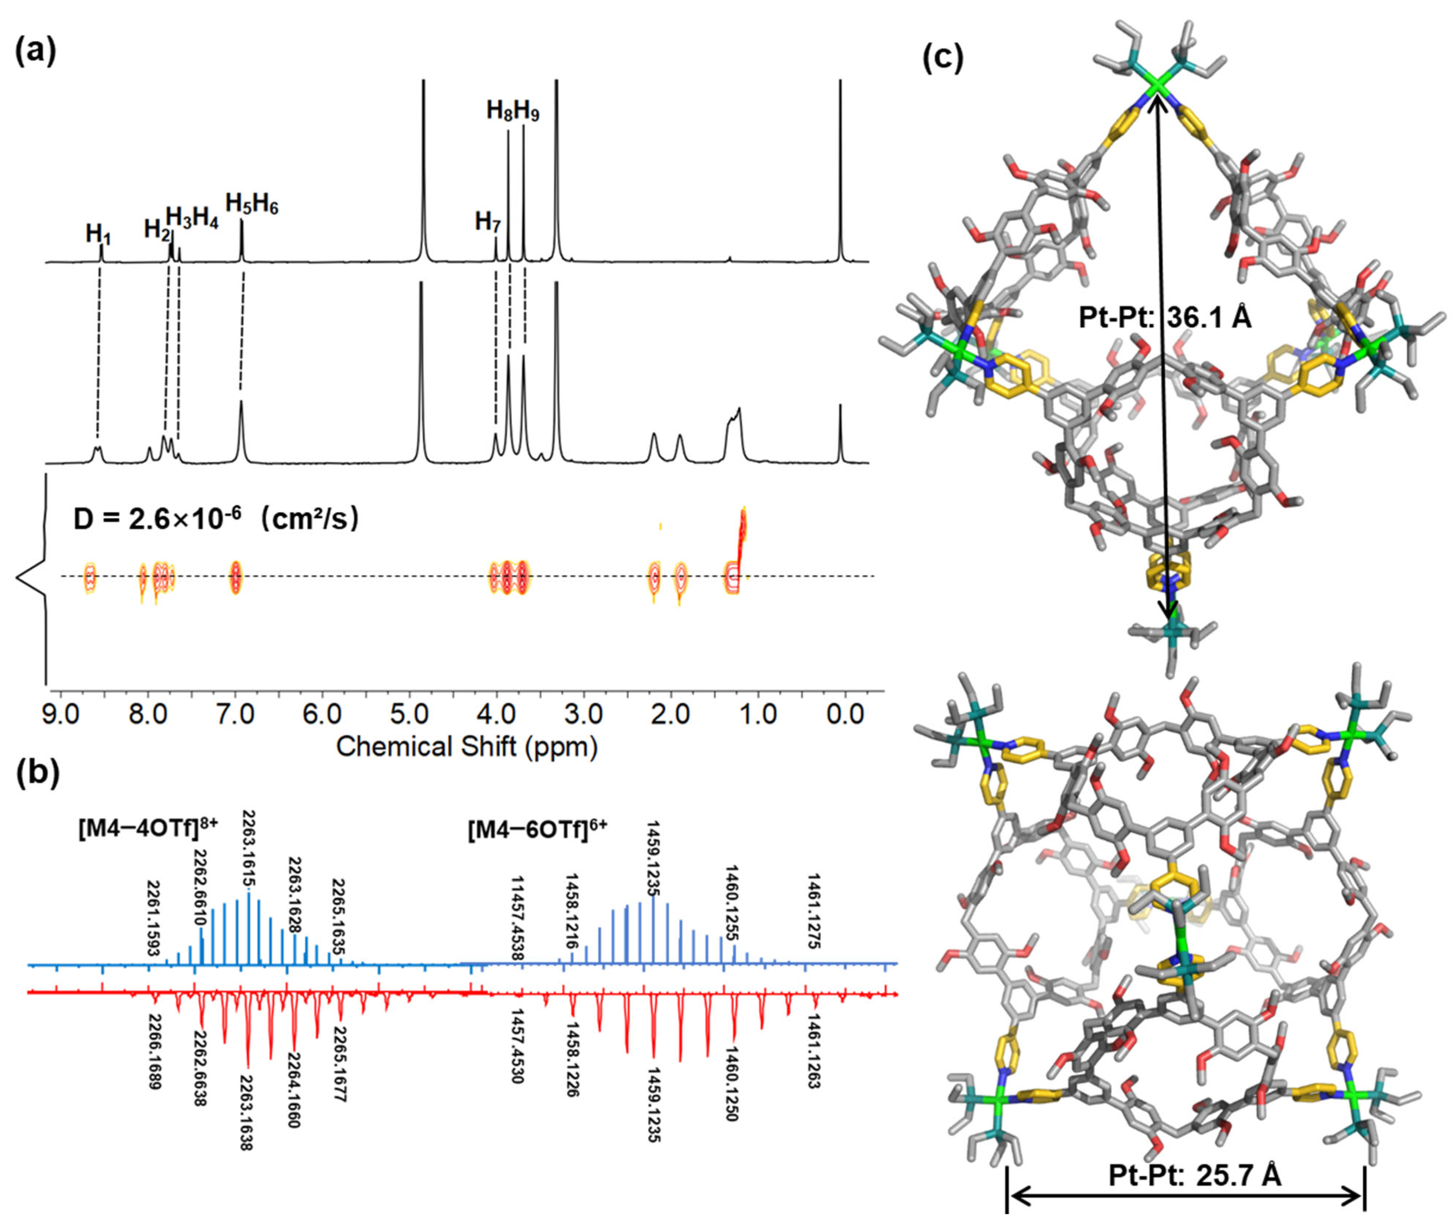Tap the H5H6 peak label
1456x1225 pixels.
pos(251,204)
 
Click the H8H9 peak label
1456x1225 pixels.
pos(512,111)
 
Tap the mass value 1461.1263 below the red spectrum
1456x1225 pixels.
pos(814,1051)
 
